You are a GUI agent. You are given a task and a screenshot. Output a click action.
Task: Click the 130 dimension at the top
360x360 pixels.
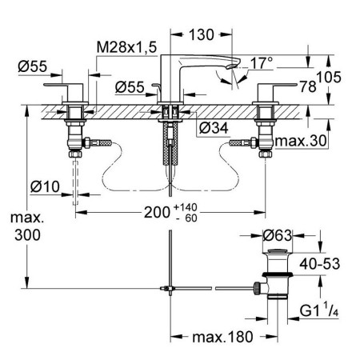[202, 34]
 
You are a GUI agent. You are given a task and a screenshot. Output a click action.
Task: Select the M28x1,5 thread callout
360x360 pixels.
[126, 47]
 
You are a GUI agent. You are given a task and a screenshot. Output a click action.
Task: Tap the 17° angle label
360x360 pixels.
[262, 63]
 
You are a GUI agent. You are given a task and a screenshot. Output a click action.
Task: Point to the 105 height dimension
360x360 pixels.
[329, 78]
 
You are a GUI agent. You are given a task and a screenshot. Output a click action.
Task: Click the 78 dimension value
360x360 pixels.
[308, 86]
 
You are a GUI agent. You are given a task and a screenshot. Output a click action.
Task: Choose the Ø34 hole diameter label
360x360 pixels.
[214, 128]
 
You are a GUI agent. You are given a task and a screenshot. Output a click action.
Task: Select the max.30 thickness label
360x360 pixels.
[301, 141]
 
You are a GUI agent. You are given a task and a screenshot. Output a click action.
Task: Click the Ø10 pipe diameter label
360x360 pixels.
[45, 186]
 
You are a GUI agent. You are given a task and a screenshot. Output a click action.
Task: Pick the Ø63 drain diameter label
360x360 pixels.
[278, 235]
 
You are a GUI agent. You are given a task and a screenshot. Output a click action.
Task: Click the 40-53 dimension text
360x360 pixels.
[320, 264]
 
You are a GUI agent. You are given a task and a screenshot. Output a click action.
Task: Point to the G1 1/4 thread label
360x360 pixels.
[319, 310]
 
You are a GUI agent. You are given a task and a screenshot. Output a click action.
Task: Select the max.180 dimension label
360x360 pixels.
[222, 337]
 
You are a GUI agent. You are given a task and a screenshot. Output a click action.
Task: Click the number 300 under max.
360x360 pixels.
[27, 235]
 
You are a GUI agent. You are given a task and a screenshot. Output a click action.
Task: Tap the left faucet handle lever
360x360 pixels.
[63, 85]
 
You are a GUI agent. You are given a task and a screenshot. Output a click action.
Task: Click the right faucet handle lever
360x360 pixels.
[278, 85]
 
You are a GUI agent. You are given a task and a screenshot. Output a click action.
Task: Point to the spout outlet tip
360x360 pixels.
[231, 66]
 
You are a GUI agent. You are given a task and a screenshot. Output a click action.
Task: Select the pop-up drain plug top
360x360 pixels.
[278, 251]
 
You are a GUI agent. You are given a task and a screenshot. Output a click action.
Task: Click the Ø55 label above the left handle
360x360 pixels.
[32, 66]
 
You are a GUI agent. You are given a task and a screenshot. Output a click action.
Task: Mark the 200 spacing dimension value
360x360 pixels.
[157, 213]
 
